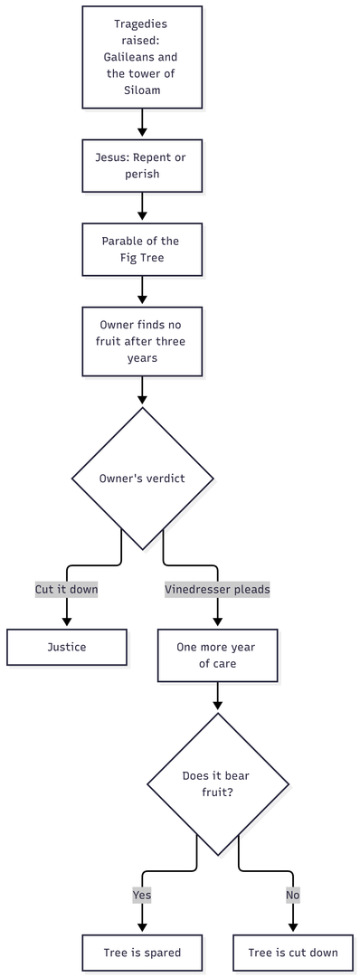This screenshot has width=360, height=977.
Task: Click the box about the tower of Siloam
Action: point(142,57)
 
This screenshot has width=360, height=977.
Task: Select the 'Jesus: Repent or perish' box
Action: point(142,166)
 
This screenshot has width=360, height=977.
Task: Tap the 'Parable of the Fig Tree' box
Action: point(142,249)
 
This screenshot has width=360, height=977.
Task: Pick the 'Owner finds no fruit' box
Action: point(142,341)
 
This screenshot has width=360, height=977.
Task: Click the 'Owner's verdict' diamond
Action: point(143,479)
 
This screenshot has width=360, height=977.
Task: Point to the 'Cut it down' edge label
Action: point(67,589)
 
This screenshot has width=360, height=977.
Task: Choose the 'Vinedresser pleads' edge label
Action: point(217,589)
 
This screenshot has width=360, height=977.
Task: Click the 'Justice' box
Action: point(67,647)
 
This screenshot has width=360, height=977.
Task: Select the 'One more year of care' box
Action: point(217,655)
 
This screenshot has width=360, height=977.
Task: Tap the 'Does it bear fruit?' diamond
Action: point(217,783)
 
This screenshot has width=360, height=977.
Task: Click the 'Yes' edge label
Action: point(142,896)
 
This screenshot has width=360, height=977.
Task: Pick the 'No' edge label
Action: point(293,896)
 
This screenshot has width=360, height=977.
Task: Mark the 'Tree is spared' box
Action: point(142,953)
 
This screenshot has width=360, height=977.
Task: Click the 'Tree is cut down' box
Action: point(293,953)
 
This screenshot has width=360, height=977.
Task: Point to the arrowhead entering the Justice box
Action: point(67,623)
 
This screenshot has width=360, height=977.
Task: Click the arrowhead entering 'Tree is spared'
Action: point(142,929)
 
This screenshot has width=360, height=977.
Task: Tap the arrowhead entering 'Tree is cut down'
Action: point(293,929)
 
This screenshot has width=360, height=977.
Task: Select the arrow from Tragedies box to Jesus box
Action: point(142,123)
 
